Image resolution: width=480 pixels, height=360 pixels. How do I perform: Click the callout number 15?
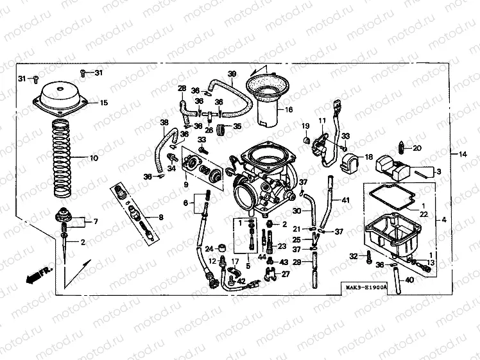coord(103,103)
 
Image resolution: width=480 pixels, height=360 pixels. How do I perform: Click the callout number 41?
coord(346,201)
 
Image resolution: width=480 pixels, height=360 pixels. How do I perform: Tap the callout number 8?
coord(160,218)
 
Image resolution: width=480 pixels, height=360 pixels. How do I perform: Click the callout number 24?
coord(209,249)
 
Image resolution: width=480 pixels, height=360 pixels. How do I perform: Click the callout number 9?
coord(186,185)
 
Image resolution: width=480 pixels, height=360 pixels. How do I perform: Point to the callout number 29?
coord(297,262)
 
